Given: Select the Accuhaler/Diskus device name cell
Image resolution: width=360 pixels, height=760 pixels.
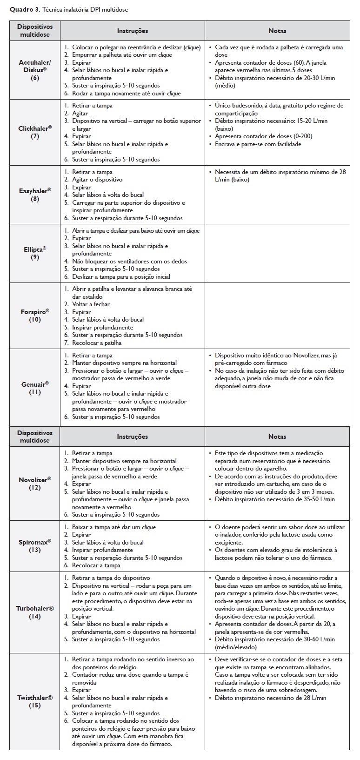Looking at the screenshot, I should (x=35, y=70).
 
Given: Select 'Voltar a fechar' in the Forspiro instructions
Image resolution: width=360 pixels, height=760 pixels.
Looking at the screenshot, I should (x=92, y=304).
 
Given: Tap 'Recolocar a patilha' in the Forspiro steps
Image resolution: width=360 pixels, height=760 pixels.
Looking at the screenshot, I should (x=97, y=343).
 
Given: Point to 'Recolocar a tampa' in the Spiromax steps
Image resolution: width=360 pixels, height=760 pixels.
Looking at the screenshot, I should (x=96, y=565).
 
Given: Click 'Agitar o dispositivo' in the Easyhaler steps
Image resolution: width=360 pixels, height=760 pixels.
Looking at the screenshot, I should (x=97, y=180).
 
